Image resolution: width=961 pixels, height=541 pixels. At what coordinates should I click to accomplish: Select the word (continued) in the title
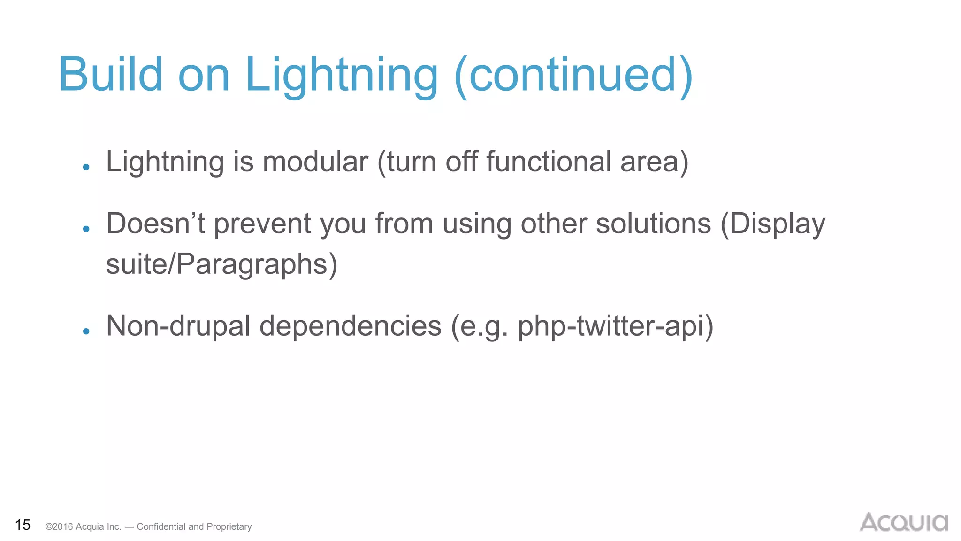pos(573,75)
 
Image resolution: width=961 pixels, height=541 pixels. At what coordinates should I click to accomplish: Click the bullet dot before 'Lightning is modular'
pos(86,167)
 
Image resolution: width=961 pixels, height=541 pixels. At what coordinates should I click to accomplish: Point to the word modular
pos(315,162)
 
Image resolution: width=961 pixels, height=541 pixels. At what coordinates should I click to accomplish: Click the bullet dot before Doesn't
pos(86,229)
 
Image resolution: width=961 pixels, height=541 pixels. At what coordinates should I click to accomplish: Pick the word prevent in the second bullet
pos(262,224)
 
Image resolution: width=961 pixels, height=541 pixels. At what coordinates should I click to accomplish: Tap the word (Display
pos(773,224)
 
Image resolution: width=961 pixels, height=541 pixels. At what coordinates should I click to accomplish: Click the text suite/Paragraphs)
pos(221,264)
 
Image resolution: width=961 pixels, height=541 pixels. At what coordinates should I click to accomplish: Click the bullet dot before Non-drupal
pos(86,332)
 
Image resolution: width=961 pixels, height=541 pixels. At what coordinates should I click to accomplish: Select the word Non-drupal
pos(178,326)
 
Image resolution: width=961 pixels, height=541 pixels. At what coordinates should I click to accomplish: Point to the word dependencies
pos(351,326)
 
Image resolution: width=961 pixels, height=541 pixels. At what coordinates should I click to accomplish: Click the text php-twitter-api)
pos(615,326)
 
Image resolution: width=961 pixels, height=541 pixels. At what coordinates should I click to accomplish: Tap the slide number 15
pos(23,525)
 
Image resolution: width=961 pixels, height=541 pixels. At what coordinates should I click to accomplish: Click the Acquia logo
pos(903,522)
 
